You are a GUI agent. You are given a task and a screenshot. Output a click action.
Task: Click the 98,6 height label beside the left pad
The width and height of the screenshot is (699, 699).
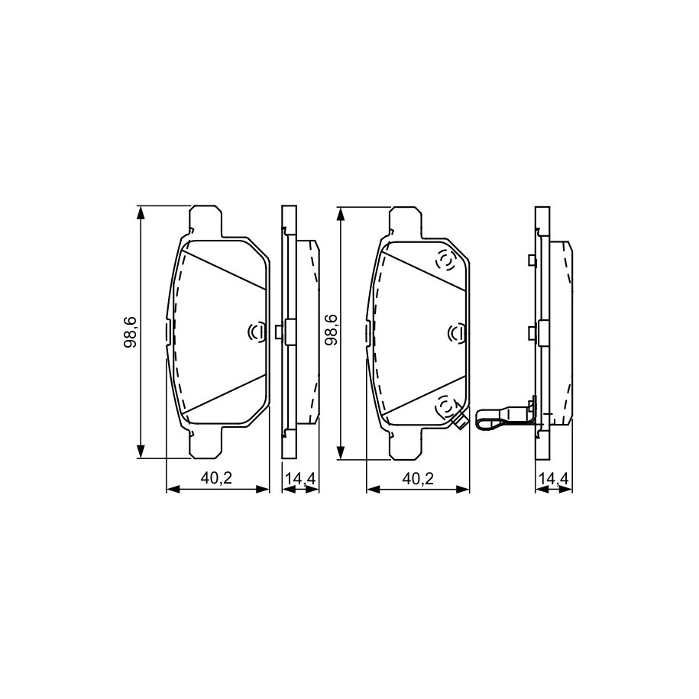(x=132, y=332)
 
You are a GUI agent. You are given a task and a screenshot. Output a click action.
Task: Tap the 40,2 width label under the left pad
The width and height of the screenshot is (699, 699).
(x=217, y=478)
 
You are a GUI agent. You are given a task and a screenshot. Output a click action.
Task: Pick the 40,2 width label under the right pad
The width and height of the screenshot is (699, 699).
(x=418, y=478)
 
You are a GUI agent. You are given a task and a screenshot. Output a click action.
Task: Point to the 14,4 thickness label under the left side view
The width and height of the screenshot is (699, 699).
(x=300, y=479)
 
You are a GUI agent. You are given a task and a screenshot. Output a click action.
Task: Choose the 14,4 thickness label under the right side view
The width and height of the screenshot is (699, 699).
(x=553, y=479)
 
